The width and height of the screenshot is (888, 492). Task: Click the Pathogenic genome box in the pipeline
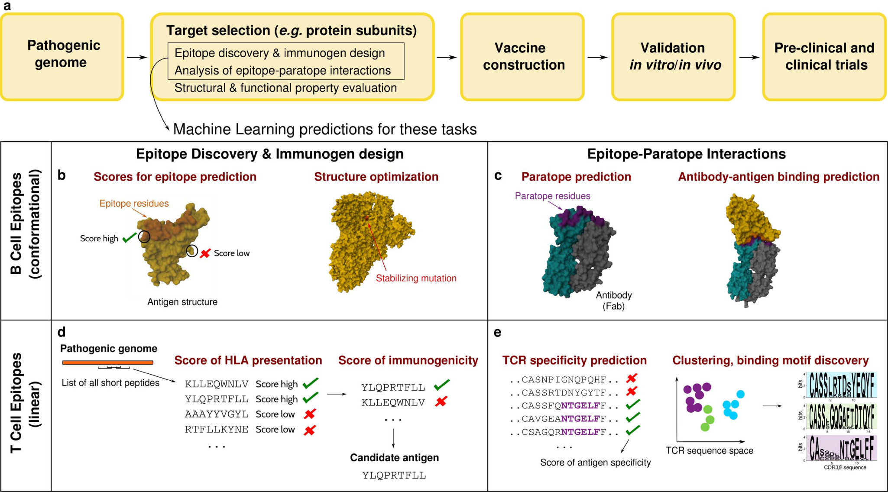coord(62,56)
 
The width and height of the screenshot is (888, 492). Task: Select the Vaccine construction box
coord(522,56)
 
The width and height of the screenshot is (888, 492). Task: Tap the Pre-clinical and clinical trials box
coord(824,56)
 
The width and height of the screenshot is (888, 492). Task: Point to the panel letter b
coord(62,175)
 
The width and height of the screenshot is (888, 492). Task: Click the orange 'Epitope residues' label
coord(134,203)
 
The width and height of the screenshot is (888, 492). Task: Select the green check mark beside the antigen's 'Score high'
coord(129,238)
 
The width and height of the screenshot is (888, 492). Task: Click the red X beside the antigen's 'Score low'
coord(205,253)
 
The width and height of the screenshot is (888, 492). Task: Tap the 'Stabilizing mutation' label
coord(416,278)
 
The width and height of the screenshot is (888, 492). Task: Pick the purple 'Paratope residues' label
coord(552,196)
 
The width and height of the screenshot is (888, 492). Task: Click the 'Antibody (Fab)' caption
coord(613,301)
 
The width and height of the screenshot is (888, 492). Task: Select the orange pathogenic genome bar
coord(107,363)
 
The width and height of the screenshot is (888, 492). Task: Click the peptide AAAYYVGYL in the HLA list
coord(217,414)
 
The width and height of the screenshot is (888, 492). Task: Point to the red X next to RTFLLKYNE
coord(309,430)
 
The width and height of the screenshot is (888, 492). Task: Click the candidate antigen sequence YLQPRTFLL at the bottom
coord(394,475)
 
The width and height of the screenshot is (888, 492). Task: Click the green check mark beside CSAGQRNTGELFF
coord(632,431)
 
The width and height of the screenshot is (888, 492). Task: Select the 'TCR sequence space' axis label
coord(709,450)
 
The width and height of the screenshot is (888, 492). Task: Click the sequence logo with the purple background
coord(841,448)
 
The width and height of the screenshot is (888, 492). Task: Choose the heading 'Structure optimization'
coord(376,177)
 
